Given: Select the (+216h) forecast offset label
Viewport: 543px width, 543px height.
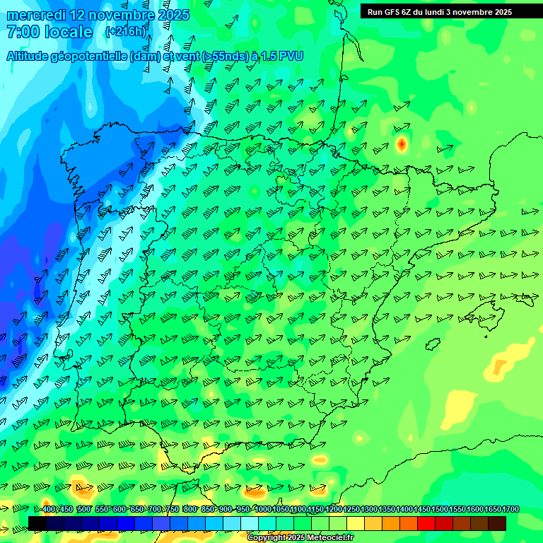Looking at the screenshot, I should coord(126,31).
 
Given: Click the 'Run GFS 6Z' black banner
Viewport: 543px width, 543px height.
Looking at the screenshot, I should coord(440,11).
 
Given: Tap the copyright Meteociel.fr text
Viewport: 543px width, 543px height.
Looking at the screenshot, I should coord(300,538).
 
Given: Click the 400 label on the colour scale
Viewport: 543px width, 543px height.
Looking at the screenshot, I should coord(48,509).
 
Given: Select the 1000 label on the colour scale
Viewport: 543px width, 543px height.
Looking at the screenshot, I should coord(263,509).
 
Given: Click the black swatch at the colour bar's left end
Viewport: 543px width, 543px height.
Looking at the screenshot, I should coord(37,523).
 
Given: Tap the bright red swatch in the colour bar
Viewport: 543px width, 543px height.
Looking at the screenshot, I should coord(426,523).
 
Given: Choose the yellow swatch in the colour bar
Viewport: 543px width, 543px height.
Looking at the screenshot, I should coord(356,523).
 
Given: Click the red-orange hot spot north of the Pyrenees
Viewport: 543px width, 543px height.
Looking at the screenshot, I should coord(401,144).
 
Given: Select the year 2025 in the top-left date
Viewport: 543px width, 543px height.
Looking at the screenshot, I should coord(173,15).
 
